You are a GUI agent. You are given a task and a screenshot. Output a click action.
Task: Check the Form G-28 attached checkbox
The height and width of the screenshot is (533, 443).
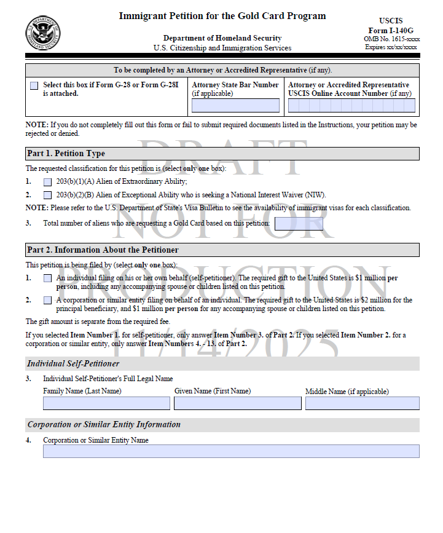[34, 85]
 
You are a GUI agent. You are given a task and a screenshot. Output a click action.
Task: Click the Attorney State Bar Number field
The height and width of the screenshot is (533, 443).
[235, 105]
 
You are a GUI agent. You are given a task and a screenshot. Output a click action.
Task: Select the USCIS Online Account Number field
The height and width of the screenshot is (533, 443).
[351, 105]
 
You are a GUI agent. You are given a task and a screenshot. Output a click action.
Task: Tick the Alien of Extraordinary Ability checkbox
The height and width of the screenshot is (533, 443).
[48, 182]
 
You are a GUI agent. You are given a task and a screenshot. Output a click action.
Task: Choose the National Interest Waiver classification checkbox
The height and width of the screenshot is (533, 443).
[48, 195]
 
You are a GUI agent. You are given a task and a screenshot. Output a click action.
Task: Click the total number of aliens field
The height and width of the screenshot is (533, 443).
[299, 224]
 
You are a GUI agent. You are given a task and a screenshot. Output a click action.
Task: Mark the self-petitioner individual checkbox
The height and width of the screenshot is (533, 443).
[48, 278]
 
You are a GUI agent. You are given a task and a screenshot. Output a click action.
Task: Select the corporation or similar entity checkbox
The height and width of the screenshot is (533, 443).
[48, 301]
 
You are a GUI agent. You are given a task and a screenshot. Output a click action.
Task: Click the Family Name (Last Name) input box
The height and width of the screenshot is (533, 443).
[106, 403]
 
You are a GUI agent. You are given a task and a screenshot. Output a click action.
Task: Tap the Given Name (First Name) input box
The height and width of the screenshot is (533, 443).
[238, 403]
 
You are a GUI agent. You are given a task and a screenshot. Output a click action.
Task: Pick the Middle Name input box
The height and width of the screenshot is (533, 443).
[363, 403]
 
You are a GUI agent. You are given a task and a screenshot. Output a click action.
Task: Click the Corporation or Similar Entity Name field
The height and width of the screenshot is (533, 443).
[231, 451]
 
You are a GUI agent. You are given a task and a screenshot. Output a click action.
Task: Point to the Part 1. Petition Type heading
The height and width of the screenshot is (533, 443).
[66, 154]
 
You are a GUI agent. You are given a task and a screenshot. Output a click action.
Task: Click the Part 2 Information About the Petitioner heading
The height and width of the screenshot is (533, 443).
[103, 250]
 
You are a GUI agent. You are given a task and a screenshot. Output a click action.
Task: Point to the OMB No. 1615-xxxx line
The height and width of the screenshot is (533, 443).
[392, 39]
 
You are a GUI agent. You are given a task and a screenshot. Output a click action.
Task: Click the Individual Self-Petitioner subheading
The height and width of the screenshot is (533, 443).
[73, 364]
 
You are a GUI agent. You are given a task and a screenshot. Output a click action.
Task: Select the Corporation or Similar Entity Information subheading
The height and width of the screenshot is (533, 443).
[104, 425]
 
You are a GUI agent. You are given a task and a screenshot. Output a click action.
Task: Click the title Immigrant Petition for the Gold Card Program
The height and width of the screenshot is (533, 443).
[222, 16]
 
